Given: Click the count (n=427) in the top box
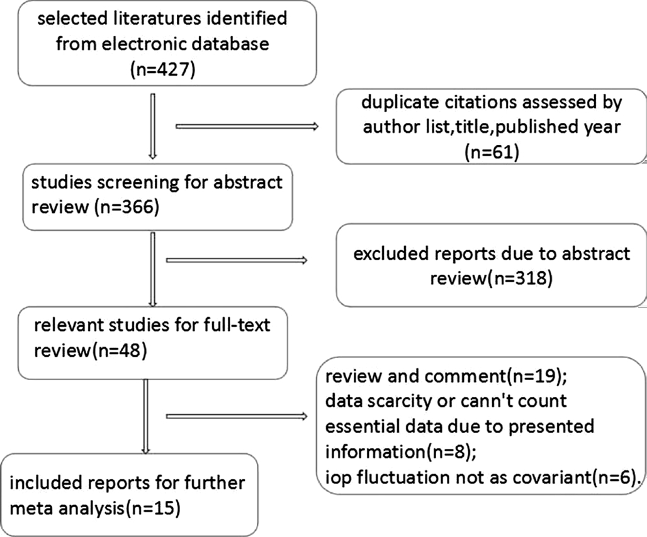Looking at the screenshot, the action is [x=162, y=69].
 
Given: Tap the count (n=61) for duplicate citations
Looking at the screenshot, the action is [x=492, y=153].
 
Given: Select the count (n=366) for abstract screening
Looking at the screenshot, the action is [x=127, y=207].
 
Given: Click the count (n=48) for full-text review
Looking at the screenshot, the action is [x=118, y=350].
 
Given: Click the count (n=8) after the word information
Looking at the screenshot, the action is [x=451, y=452].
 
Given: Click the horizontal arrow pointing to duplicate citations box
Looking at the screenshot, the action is [x=247, y=127].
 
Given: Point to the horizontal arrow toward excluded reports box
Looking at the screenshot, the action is [x=237, y=260].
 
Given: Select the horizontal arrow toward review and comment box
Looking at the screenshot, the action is [x=237, y=417].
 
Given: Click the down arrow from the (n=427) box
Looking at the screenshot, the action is [x=153, y=127].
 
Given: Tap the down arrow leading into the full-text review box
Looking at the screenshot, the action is [x=153, y=269].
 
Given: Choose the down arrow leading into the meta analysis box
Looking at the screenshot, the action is [x=145, y=417].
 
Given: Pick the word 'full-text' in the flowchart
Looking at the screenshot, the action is [x=237, y=325].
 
